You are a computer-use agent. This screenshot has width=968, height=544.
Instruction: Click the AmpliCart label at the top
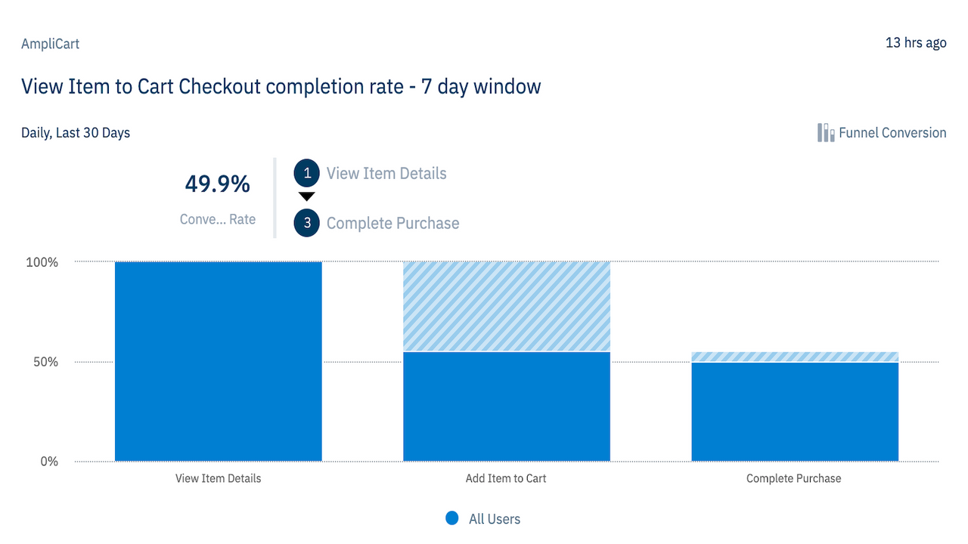pos(50,44)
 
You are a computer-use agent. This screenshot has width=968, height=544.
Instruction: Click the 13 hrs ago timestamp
pos(915,42)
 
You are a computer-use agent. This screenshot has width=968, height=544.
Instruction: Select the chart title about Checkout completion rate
pos(281,87)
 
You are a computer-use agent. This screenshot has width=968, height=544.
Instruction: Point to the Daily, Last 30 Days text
pos(76,133)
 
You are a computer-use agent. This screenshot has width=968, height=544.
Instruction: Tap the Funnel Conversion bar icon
pos(825,133)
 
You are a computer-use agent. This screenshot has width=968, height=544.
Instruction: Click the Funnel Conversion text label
pos(892,133)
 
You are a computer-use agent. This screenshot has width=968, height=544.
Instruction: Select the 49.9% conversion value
pos(218,184)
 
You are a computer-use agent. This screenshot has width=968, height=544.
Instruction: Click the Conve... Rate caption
pos(218,219)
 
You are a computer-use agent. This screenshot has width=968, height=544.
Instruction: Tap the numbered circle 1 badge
pos(307,173)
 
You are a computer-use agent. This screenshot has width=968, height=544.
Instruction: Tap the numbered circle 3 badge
pos(307,224)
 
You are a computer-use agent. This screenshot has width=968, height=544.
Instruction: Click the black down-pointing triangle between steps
pos(307,196)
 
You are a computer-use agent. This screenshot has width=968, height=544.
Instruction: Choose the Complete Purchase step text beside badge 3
pos(392,224)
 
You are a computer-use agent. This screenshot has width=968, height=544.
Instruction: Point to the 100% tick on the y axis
pos(42,262)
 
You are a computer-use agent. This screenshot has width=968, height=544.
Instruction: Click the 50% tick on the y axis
pos(45,362)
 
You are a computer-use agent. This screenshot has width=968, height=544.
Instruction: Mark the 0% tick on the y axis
pos(48,462)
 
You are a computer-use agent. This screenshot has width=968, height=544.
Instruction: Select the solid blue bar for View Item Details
pos(218,361)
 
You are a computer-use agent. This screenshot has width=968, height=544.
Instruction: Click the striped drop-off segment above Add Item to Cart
pos(506,306)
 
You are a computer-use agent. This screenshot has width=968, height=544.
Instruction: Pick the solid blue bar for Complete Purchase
pos(794,412)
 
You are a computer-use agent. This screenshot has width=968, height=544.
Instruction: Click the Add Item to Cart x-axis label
pos(506,478)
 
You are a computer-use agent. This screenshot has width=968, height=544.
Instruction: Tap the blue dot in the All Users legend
pos(451,518)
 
